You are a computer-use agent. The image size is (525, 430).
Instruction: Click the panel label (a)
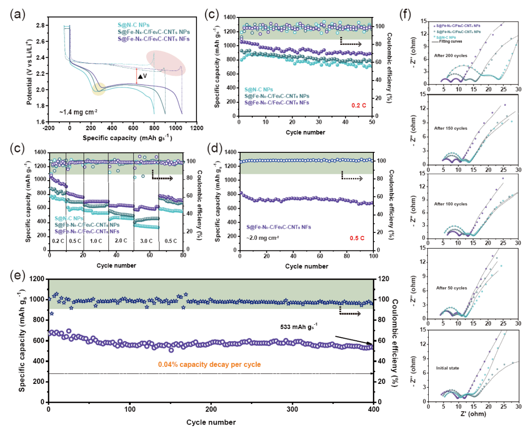pos(15,14)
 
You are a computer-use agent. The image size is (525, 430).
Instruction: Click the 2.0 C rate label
pos(115,240)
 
